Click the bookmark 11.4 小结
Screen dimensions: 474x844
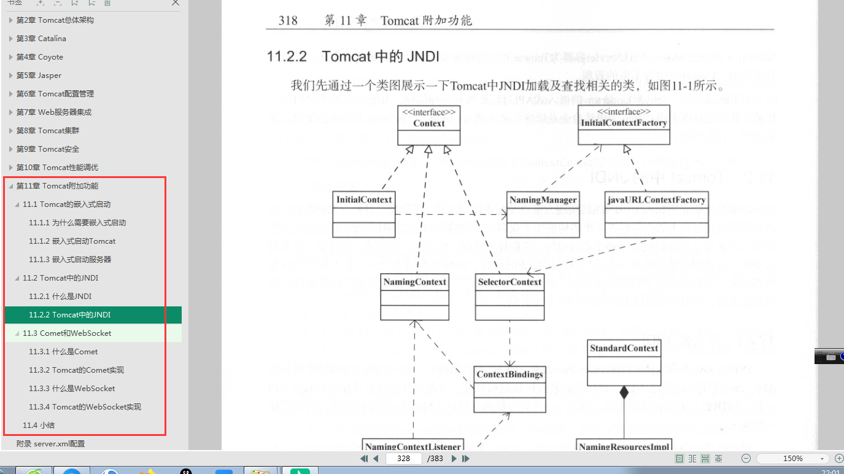39,425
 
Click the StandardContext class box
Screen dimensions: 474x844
624,363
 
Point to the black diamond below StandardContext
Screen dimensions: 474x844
624,392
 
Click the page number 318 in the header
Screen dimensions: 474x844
288,20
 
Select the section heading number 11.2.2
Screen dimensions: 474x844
287,56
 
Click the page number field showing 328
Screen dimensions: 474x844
403,459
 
